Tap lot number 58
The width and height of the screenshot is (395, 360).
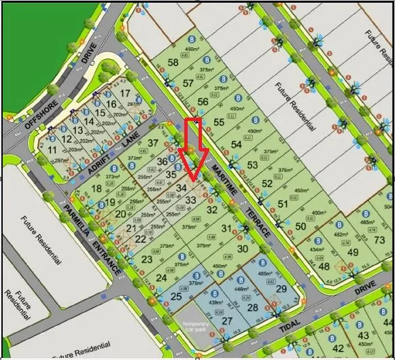click(x=173, y=63)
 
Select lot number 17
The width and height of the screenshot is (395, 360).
click(x=124, y=93)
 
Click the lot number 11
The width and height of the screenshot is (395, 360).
click(x=52, y=149)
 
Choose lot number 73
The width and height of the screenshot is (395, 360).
click(x=379, y=241)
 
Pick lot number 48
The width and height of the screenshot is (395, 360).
click(x=324, y=266)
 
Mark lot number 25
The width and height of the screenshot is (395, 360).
click(x=175, y=296)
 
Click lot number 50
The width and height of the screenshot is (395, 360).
click(x=300, y=226)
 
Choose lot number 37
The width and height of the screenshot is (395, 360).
click(x=154, y=143)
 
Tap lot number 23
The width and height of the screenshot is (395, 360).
click(x=147, y=258)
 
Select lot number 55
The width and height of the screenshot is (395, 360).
click(x=219, y=122)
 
